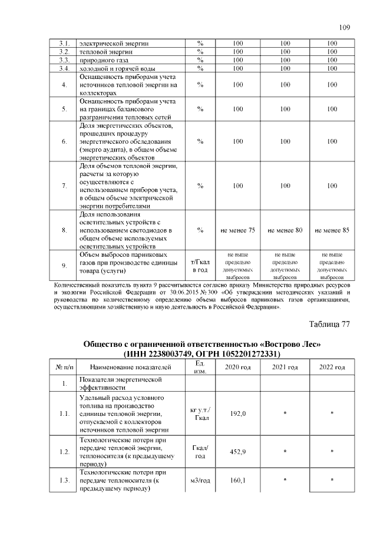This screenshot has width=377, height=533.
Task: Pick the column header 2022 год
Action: point(332,368)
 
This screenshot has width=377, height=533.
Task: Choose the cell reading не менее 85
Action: point(332,230)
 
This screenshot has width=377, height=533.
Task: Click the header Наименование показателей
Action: point(130,368)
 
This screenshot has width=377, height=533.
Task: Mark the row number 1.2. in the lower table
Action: point(65,452)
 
